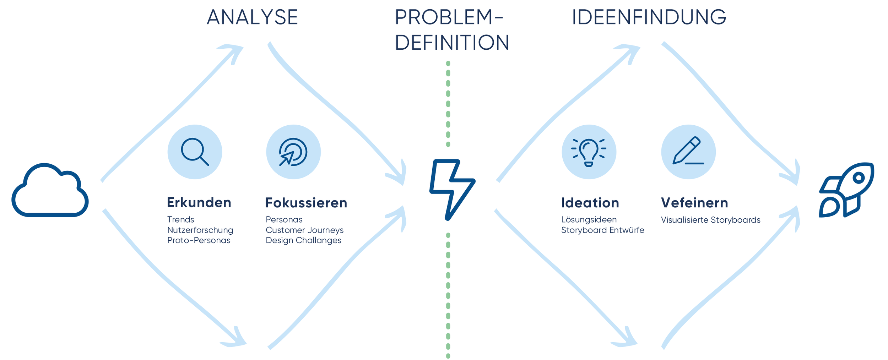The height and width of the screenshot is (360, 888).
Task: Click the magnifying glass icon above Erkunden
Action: (195, 152)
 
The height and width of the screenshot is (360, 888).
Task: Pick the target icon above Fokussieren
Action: (293, 152)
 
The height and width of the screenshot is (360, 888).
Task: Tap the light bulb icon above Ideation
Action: (589, 152)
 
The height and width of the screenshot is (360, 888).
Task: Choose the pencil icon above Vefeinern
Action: (688, 152)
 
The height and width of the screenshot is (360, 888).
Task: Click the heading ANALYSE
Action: (252, 17)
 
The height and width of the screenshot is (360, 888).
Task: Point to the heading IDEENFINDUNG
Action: (649, 17)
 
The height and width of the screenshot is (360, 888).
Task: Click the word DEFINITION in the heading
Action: (452, 43)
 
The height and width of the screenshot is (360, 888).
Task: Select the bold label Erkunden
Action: (199, 202)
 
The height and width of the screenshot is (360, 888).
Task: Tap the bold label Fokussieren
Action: (306, 203)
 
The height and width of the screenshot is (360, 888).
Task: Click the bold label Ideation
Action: (590, 203)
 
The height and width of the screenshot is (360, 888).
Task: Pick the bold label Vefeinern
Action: (694, 203)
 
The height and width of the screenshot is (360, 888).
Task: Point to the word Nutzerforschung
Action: (200, 230)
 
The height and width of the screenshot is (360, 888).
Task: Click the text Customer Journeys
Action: (304, 230)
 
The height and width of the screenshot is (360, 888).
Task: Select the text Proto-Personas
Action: (199, 240)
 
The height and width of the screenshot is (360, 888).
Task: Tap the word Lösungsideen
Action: (589, 220)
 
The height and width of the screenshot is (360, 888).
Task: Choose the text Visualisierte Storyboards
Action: (710, 220)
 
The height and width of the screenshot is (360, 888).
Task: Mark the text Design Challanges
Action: (303, 240)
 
